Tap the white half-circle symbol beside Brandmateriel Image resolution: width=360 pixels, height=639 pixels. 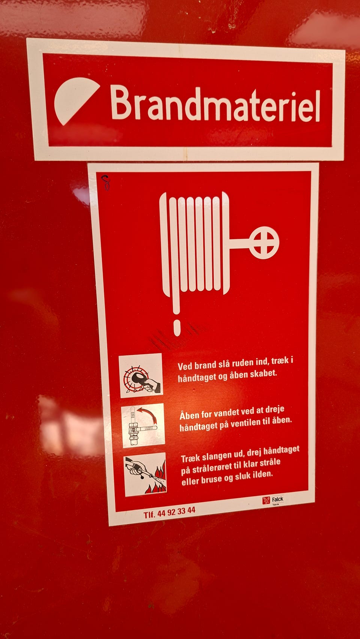point(75,100)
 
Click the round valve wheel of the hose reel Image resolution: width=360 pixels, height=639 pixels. point(264,242)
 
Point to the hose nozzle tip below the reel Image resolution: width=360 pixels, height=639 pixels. point(177,328)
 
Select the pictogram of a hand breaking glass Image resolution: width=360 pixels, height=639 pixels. point(141,376)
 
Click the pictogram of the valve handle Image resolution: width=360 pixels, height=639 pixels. point(143,425)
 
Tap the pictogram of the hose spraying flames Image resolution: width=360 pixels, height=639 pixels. point(145,475)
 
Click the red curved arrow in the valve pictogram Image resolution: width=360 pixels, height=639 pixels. point(148,414)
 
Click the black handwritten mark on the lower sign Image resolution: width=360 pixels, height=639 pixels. point(106,183)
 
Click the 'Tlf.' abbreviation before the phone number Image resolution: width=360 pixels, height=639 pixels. point(149,515)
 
